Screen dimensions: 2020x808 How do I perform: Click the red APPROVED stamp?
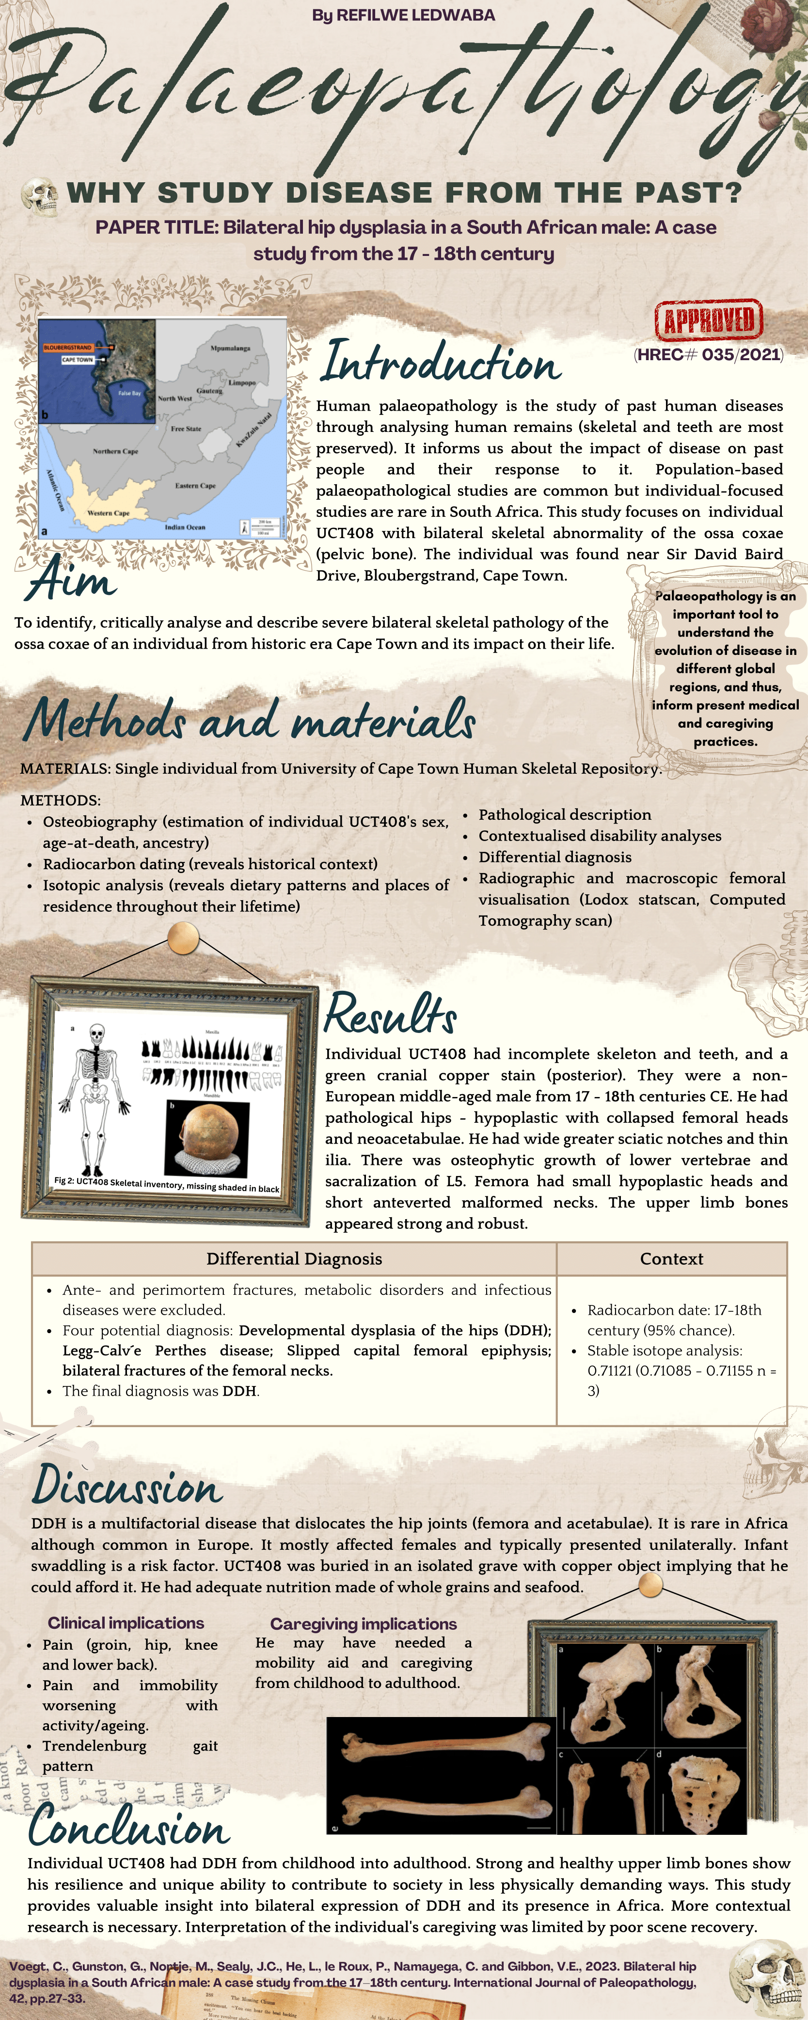(709, 320)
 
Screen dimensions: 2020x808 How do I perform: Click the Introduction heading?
(441, 362)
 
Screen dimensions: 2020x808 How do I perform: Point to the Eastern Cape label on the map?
(195, 485)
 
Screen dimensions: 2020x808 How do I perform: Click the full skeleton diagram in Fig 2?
(95, 1098)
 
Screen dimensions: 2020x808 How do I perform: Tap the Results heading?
(390, 1014)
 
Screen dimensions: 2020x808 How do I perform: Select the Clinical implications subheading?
(126, 1623)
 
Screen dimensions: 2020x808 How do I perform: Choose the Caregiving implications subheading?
(363, 1624)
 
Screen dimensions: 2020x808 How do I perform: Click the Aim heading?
(72, 580)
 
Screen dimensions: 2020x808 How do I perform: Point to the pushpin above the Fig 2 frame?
(183, 938)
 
